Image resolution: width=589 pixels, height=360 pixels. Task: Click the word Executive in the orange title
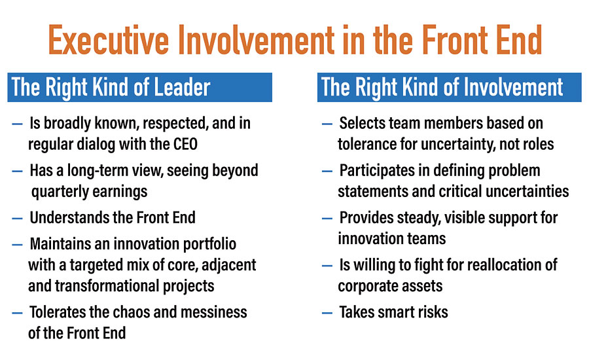[x=109, y=40]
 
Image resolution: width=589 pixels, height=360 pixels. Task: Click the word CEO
[x=185, y=144]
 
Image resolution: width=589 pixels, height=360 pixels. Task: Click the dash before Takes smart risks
[x=327, y=313]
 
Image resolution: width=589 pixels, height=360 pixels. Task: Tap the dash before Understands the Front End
[x=17, y=219]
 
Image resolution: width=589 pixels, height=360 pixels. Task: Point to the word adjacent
[x=228, y=265]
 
